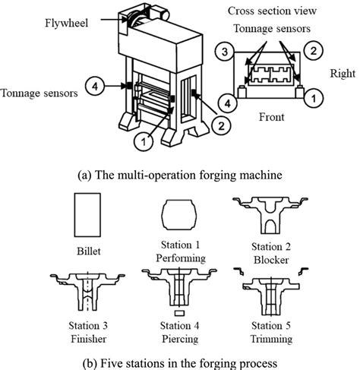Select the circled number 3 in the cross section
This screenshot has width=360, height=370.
click(x=223, y=53)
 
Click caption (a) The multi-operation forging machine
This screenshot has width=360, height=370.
click(x=180, y=175)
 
